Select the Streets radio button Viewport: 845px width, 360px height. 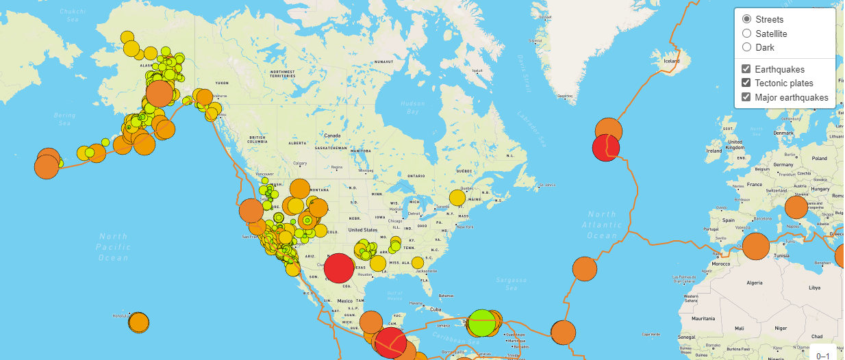pos(747,19)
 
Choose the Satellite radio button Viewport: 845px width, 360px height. pos(747,34)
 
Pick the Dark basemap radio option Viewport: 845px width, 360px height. pos(747,47)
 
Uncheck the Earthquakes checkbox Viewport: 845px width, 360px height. pos(747,69)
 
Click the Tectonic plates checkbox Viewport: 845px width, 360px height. pos(747,83)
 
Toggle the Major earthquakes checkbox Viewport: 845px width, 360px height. pos(747,97)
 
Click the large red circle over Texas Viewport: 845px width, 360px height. pos(339,268)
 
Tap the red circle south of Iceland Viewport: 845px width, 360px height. pos(605,147)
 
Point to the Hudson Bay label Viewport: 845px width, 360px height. pos(412,107)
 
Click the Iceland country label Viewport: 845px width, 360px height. pos(671,61)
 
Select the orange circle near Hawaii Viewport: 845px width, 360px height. pos(138,322)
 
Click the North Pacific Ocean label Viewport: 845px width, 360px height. pos(113,247)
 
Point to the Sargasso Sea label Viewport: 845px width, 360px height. pos(512,284)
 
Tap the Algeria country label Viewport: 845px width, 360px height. pos(753,282)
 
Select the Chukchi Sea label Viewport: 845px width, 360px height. pos(69,16)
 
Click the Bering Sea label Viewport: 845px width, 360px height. pos(64,120)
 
